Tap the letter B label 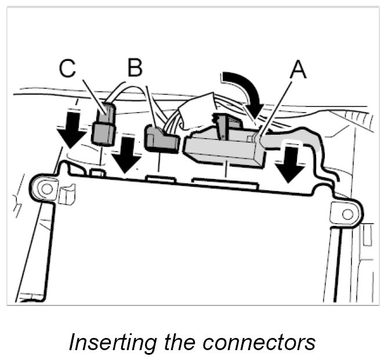click(135, 69)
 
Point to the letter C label click(68, 69)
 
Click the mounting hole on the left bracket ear click(45, 187)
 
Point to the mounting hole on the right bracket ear click(347, 214)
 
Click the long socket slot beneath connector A click(225, 185)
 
